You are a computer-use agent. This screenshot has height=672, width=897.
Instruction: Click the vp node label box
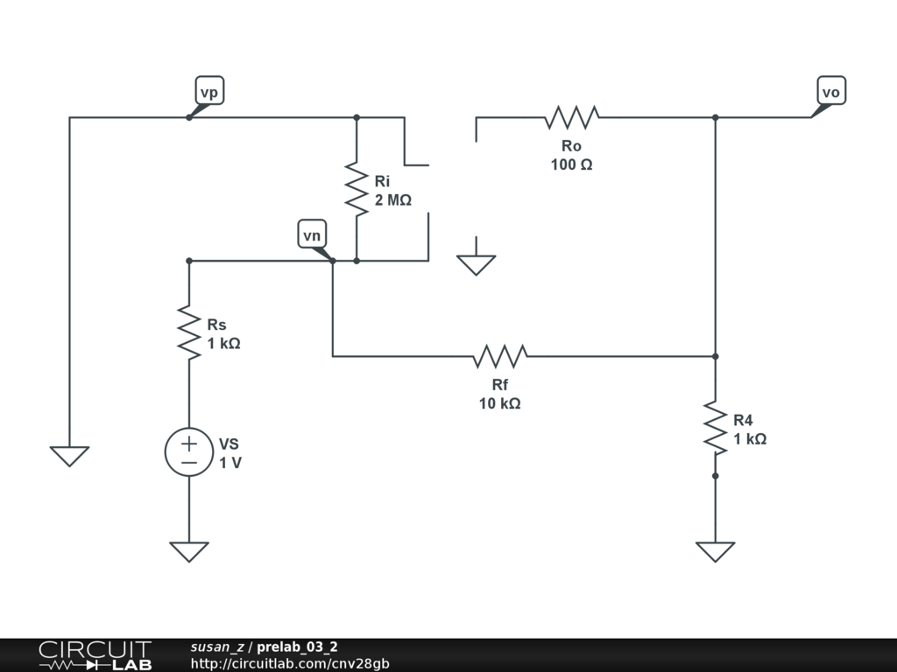pos(209,91)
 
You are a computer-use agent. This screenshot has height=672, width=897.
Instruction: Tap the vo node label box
pos(831,91)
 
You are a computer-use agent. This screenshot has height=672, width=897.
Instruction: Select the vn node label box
pos(312,234)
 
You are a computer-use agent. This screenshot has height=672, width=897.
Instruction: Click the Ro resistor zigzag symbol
pos(571,117)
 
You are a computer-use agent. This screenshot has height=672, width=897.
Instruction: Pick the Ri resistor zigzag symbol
pos(357,189)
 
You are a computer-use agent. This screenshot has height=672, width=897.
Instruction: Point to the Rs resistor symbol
pos(189,332)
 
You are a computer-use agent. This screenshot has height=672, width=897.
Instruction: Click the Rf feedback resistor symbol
pos(500,356)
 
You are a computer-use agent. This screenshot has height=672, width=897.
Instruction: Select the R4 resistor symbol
pos(715,428)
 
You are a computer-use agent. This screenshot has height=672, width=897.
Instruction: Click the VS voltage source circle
pos(189,451)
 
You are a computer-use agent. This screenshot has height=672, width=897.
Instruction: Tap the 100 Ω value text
pos(571,164)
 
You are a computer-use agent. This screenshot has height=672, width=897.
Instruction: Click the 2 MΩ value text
pos(393,200)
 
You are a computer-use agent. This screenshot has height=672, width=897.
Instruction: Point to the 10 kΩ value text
pos(500,403)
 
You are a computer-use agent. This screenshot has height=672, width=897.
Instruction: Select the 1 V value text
pos(230,463)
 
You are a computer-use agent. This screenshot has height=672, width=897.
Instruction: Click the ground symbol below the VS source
pos(189,551)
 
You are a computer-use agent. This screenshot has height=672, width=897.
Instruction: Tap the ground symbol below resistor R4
pos(715,551)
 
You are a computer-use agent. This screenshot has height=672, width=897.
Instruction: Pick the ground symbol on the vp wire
pos(70,456)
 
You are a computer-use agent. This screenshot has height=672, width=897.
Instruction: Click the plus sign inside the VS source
pos(189,443)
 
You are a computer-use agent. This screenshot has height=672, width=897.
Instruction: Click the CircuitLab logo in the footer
pos(95,655)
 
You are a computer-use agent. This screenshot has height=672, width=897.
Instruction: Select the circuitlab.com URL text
pos(290,663)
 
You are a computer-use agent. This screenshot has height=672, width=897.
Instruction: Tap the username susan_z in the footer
pos(217,647)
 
